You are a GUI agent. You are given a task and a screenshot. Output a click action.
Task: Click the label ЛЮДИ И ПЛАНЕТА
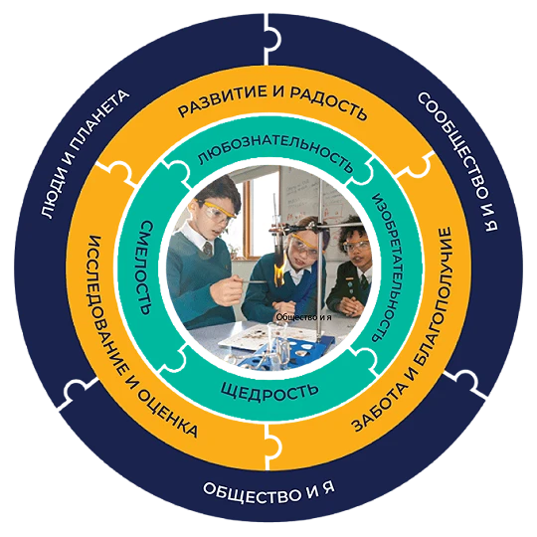pos(85,153)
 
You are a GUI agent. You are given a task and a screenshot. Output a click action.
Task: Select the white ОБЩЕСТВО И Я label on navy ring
pos(268,492)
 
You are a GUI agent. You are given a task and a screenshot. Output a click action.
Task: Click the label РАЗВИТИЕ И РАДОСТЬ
pos(272,101)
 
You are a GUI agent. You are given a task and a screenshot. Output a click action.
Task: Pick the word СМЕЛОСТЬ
pos(146,268)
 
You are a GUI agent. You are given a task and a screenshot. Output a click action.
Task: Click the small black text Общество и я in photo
pos(303,317)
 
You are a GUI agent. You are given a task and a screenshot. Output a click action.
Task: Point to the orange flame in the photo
pos(280,271)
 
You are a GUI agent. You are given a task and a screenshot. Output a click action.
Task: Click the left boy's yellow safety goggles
pos(217,211)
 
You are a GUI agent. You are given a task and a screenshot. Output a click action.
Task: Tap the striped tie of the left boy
pos(208,249)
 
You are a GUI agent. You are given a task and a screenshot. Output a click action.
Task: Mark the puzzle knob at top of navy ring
pos(274,39)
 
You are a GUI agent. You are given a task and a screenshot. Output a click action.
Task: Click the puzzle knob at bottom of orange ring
pos(274,445)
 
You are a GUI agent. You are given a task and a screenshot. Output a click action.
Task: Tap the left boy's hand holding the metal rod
pos(230,287)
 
